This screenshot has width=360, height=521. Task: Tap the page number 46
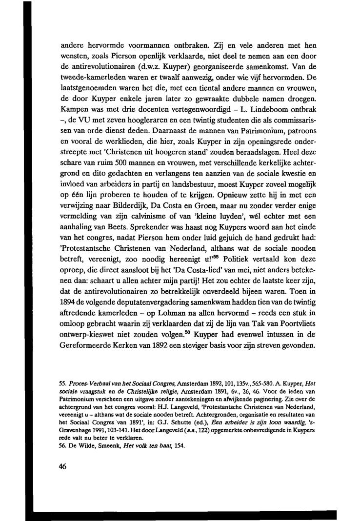62,466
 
